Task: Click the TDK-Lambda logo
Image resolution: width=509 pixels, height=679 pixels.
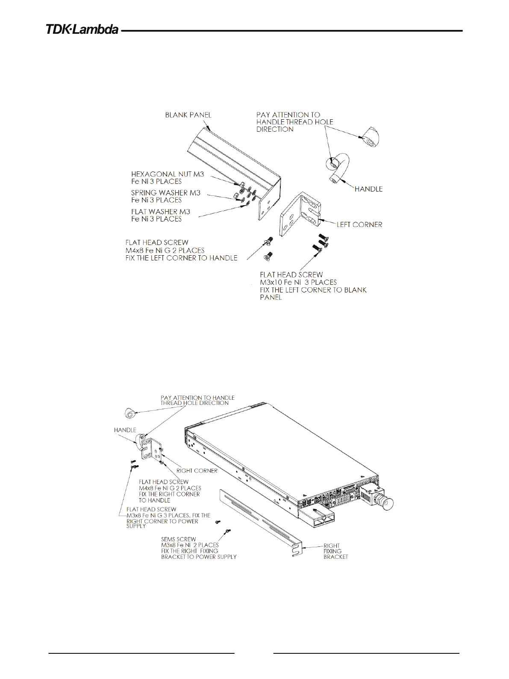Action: click(x=82, y=30)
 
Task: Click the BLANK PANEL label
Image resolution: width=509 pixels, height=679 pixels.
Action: click(x=188, y=115)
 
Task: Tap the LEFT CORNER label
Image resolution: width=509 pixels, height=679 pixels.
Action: click(x=359, y=224)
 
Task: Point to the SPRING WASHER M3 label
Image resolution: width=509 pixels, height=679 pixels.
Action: click(x=165, y=193)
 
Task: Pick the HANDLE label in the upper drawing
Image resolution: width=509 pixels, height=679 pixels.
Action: click(x=368, y=189)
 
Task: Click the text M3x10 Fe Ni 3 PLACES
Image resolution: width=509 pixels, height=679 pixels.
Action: click(x=298, y=282)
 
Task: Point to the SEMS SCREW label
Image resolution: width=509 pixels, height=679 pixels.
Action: click(x=179, y=539)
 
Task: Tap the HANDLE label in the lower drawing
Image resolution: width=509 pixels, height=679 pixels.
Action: click(x=125, y=430)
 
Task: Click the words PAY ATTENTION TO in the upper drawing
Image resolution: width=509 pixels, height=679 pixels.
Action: click(x=288, y=115)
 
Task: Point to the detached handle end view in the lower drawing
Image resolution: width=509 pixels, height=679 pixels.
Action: click(x=130, y=414)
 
